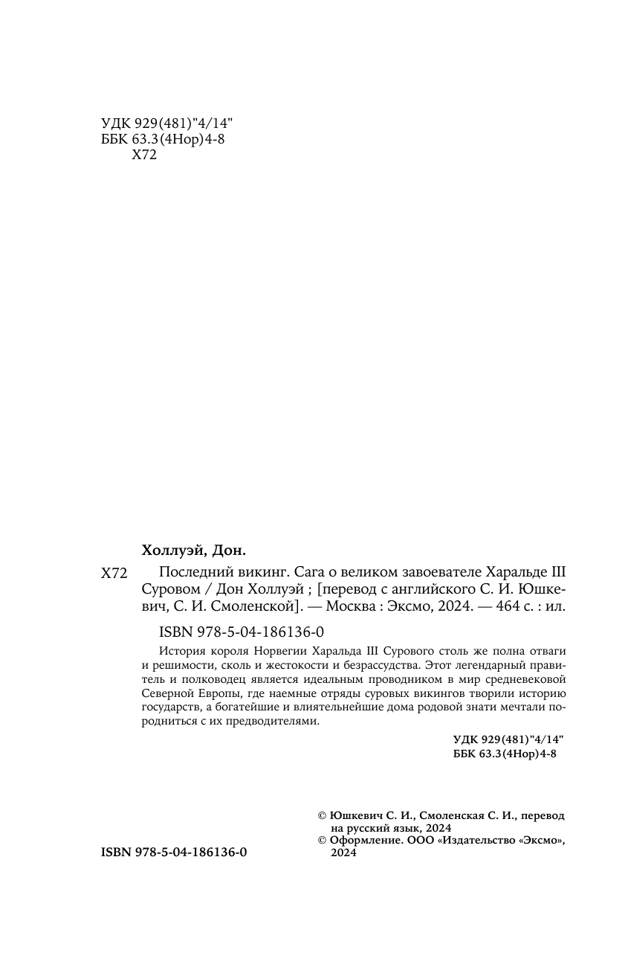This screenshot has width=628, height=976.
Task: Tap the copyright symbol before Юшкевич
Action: [322, 815]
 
